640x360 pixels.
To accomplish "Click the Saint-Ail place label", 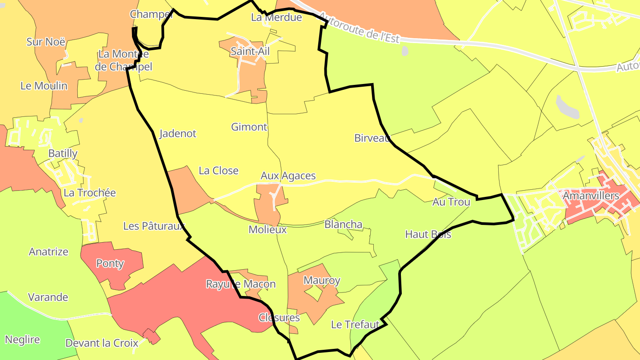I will [250, 52].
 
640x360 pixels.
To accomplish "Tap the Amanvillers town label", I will [591, 196].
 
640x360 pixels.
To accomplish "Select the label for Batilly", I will [63, 154].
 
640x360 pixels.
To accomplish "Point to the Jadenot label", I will [177, 133].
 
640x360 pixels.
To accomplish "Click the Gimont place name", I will [249, 127].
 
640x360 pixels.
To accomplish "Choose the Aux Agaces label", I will [288, 176].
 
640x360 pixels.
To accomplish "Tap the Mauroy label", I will [322, 280].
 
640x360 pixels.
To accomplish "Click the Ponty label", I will [110, 264].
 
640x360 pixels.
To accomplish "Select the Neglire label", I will [22, 340].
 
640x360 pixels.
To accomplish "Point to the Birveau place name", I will [372, 138].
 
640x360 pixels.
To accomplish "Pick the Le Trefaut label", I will [355, 324].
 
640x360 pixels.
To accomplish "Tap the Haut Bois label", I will [428, 234].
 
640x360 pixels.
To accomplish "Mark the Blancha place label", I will [343, 224].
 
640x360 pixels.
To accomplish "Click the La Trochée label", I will [90, 193].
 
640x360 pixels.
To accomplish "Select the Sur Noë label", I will [46, 42].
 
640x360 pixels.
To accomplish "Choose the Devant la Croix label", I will [102, 343].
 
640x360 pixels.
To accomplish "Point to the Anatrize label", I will [48, 252].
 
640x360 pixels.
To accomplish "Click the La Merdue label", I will [276, 17].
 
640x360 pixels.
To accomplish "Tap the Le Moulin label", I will [44, 86].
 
